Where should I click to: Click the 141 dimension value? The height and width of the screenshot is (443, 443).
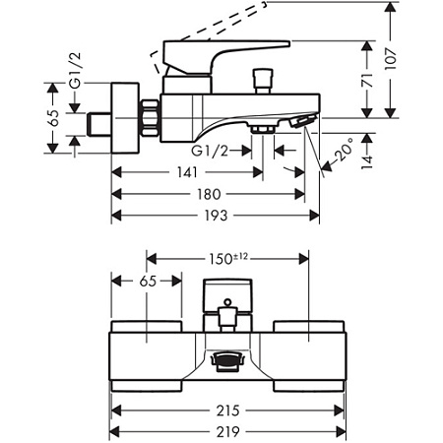coord(187,172)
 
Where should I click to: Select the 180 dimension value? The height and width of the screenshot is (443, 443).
coord(209,194)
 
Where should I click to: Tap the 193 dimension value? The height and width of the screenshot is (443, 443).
coord(216,216)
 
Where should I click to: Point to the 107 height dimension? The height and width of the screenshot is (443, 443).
coord(391,59)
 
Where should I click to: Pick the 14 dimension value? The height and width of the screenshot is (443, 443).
coord(367,162)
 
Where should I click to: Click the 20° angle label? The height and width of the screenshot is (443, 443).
coord(345,150)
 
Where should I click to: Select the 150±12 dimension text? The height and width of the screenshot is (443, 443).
coord(228,259)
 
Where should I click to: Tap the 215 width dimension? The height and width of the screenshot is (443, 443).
coord(228,411)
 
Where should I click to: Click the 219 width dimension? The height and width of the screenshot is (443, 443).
coord(228,432)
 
